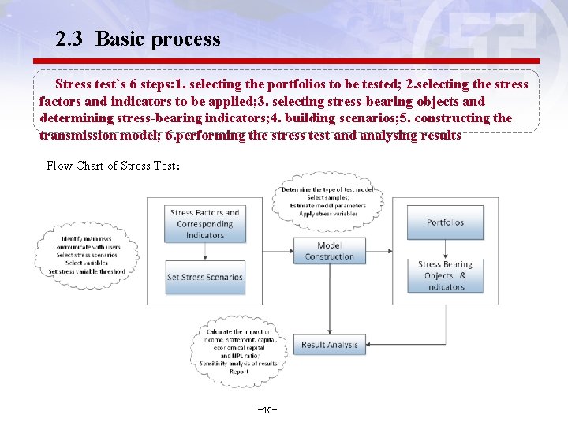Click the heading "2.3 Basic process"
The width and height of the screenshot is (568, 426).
138,39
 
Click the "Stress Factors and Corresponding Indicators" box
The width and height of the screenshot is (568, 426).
205,224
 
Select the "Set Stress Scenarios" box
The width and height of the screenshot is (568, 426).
205,278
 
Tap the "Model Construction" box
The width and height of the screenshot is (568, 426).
329,251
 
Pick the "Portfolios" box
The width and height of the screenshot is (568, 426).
445,223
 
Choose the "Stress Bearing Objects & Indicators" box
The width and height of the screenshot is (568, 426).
445,276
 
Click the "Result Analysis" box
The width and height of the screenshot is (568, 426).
329,345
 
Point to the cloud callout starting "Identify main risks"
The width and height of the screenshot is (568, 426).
87,255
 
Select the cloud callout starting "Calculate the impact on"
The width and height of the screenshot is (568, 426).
238,351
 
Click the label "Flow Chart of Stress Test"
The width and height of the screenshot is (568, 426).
114,166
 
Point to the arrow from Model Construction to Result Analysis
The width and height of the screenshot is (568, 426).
329,300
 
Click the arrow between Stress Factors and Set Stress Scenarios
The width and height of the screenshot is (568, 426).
205,251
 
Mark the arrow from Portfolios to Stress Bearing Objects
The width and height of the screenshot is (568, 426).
445,249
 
